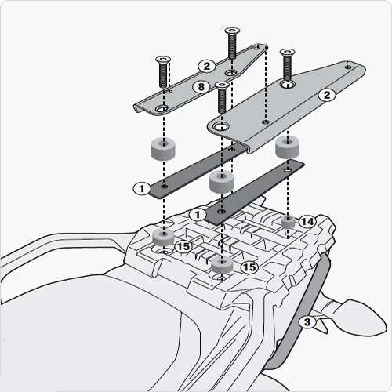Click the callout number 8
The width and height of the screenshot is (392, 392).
coord(201,87)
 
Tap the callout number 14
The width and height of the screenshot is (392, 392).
coord(307,222)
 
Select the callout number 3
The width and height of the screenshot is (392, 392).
coord(307,322)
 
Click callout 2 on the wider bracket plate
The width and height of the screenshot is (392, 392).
coord(327,95)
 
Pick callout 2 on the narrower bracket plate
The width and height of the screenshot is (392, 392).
coord(207,66)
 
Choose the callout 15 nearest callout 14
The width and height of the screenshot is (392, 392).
coord(249,267)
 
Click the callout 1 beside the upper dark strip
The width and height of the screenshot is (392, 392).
coord(142,188)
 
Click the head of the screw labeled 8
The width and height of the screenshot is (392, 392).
coord(222,85)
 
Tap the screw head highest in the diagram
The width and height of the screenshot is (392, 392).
coord(232,31)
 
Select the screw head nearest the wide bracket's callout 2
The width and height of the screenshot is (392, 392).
coord(288,52)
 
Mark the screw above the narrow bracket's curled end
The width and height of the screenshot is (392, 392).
coord(163,72)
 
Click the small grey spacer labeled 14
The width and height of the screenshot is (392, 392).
coord(288,222)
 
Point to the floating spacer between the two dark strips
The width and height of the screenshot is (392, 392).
coord(221,182)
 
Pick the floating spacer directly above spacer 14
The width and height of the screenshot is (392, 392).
coord(288,148)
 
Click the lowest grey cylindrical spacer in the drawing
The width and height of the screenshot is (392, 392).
coord(222,264)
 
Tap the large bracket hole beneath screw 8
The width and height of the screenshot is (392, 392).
coord(221,127)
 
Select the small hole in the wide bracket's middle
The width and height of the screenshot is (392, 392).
coord(266,122)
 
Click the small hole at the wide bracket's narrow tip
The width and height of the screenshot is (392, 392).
coord(347,67)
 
